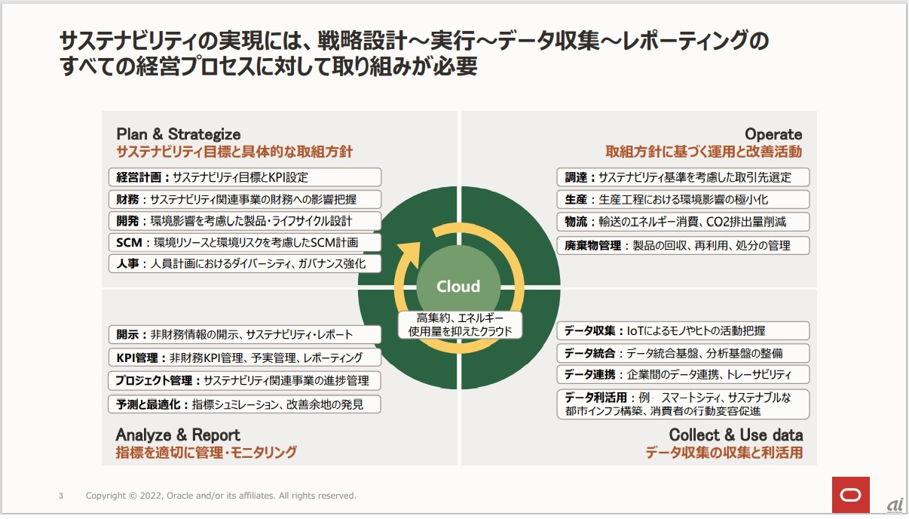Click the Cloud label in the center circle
(x=458, y=287)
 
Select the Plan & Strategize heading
(x=179, y=134)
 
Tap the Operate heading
(x=773, y=134)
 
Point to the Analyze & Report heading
(x=178, y=435)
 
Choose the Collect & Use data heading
(x=736, y=435)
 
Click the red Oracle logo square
(x=850, y=495)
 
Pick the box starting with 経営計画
(x=245, y=178)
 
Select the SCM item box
(x=245, y=243)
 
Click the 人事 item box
(x=245, y=264)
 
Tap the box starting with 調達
(x=684, y=178)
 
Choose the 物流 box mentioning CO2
(x=684, y=222)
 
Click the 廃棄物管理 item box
(x=684, y=245)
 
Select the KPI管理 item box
(x=245, y=358)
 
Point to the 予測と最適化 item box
(x=245, y=404)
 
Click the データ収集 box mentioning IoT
(x=684, y=330)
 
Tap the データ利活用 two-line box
(x=684, y=404)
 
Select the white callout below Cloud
(x=460, y=324)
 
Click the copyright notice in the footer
(x=221, y=496)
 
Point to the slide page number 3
(x=61, y=496)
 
